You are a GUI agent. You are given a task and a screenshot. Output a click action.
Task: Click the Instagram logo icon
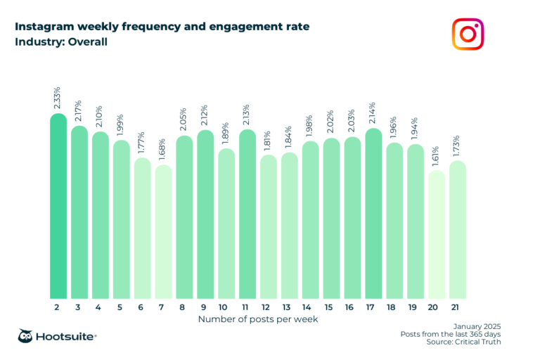coord(468,34)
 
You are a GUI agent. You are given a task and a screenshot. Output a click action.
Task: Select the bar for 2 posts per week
coord(58,207)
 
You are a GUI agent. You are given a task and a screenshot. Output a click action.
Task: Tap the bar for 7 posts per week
coord(163,232)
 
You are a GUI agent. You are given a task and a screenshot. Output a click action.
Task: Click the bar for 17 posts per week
coord(373,214)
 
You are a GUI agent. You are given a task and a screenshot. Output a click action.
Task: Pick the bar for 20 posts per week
coord(436,236)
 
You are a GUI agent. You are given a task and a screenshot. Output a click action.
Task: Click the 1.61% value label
coord(436,153)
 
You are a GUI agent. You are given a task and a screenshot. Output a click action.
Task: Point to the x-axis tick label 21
coord(457,308)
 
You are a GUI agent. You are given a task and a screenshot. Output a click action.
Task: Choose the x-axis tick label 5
coord(121,308)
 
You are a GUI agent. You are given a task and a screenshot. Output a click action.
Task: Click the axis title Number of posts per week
coord(258,319)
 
